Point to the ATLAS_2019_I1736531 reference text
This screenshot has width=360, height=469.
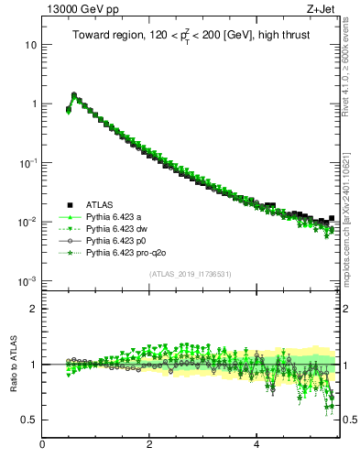(x=190, y=274)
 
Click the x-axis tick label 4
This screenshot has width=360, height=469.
(x=257, y=446)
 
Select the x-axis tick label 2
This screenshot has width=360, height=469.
(x=150, y=446)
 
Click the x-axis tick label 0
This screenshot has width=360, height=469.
(x=43, y=446)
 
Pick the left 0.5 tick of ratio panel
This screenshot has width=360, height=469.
(x=29, y=420)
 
